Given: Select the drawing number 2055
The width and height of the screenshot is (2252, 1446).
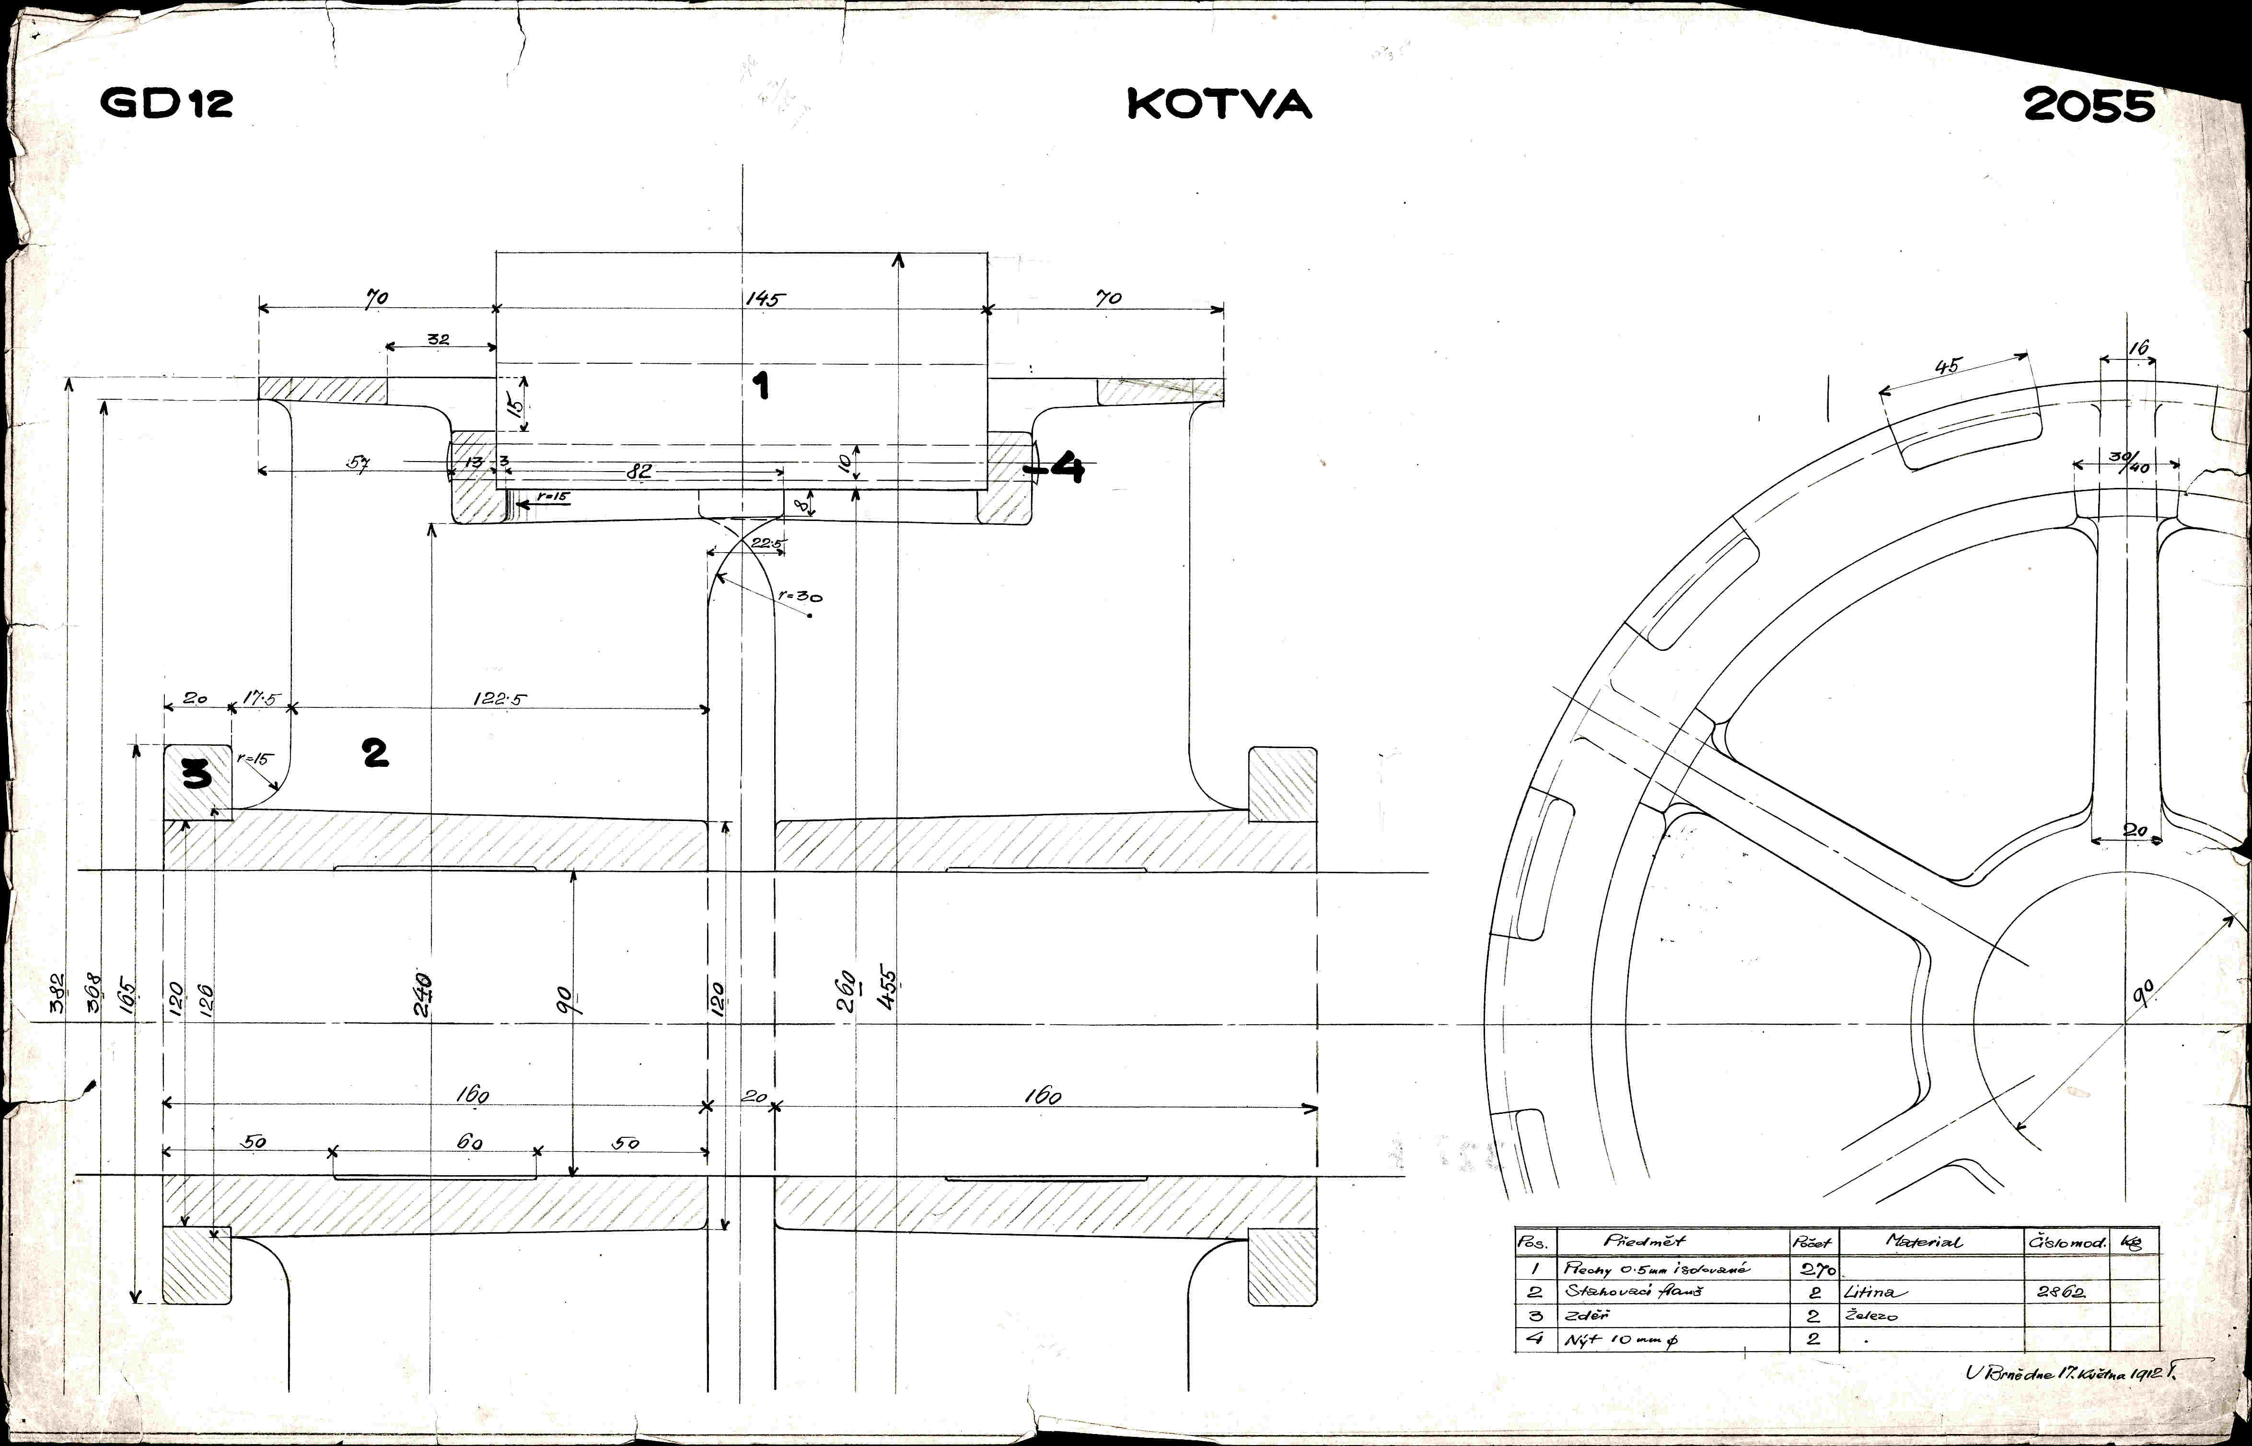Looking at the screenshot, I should coord(2089,106).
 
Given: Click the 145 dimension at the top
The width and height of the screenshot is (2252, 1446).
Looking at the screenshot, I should coord(763,299).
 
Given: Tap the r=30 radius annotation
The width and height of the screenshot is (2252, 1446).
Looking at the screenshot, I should coord(800,595).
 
